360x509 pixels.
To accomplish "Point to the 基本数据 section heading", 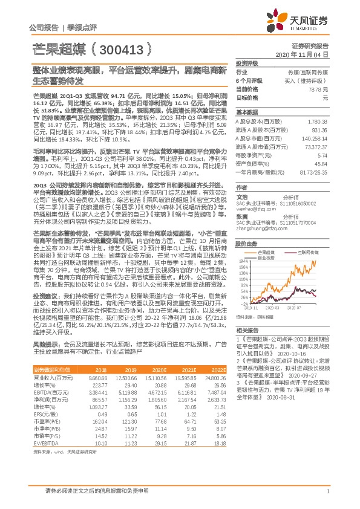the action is (246, 112).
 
